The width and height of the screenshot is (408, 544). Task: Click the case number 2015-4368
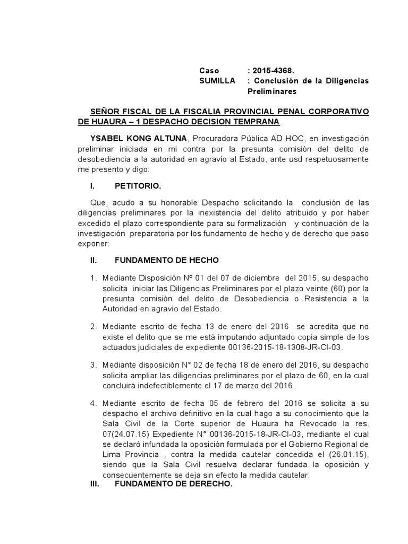click(x=274, y=70)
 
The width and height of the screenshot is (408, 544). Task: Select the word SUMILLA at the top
click(x=217, y=81)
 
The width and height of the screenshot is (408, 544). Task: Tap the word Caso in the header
click(x=209, y=70)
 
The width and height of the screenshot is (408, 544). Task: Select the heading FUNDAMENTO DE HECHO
click(x=166, y=260)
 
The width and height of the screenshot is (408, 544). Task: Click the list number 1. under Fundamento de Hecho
click(x=94, y=278)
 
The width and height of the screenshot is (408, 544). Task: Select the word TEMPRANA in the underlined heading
click(x=253, y=122)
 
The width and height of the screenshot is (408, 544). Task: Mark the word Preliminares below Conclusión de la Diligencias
click(x=275, y=91)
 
